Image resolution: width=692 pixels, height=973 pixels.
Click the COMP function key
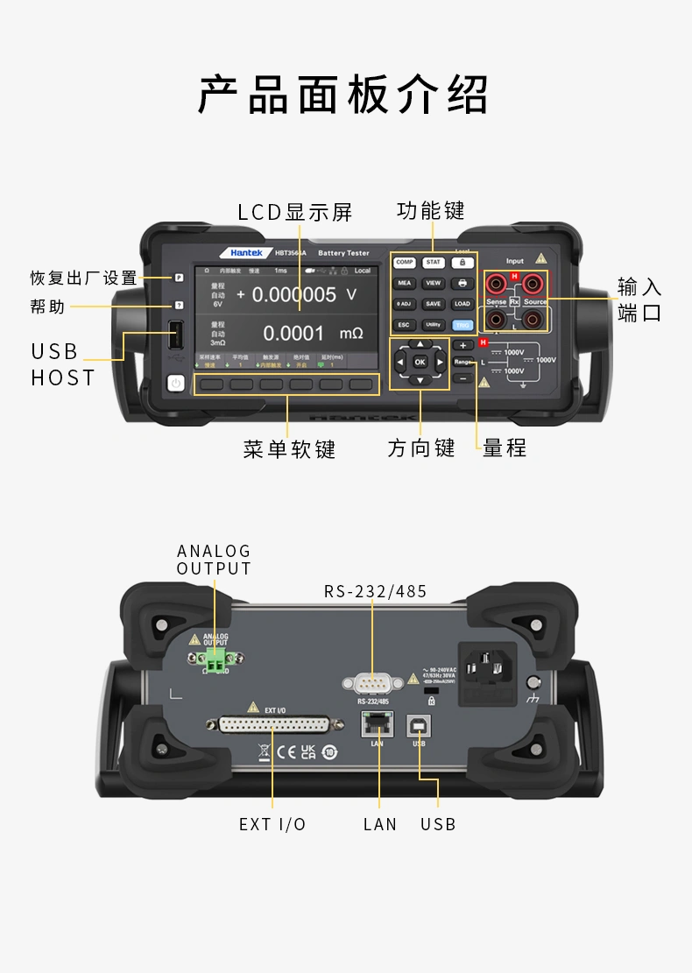[404, 262]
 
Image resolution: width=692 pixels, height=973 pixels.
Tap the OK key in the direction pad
[420, 362]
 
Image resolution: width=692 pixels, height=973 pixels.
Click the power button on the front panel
[176, 383]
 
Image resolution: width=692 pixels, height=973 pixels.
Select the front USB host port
[176, 336]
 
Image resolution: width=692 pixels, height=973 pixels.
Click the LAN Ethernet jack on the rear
[378, 724]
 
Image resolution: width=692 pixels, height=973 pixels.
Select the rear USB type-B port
[419, 724]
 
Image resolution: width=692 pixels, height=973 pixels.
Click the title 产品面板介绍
[344, 95]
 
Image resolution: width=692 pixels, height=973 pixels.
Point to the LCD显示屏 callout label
[295, 213]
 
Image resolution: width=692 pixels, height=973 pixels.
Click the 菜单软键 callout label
[289, 449]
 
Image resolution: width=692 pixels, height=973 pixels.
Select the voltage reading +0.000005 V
[296, 295]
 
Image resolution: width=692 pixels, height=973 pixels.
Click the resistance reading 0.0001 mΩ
[312, 334]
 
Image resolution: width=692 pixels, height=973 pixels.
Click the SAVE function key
[433, 304]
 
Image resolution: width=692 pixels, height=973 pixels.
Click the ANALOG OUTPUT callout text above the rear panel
[214, 560]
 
